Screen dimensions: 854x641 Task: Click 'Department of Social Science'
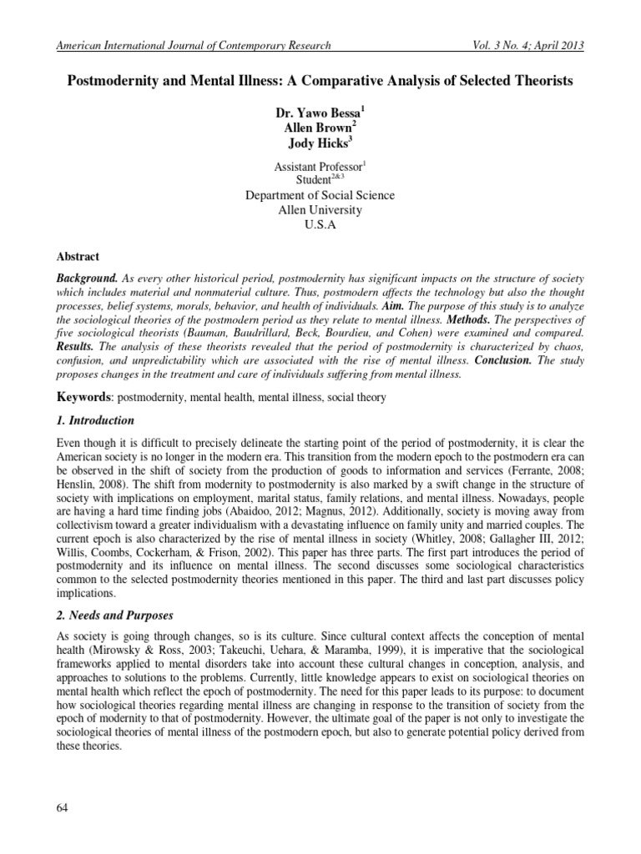320,195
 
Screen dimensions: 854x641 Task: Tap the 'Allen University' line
320,209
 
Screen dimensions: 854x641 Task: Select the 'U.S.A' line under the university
320,224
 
